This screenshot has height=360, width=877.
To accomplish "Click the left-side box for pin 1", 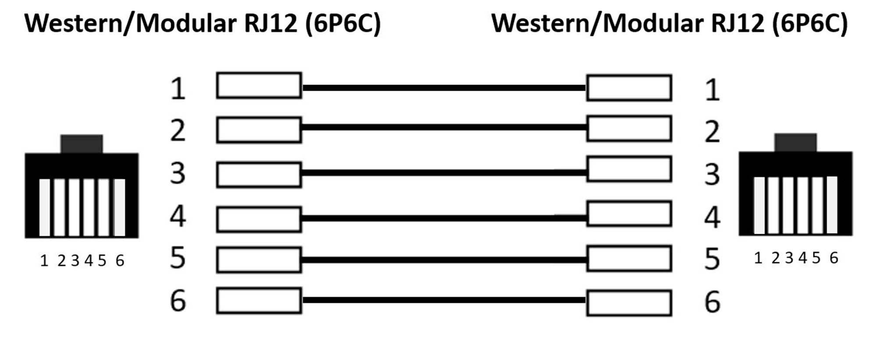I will click(259, 85).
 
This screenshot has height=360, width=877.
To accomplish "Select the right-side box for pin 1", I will click(629, 88).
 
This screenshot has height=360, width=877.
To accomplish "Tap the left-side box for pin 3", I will click(259, 175).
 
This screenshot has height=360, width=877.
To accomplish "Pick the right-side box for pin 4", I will click(629, 214).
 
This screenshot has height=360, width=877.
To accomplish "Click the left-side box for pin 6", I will click(259, 300).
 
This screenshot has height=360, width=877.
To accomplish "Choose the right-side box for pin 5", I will click(629, 259).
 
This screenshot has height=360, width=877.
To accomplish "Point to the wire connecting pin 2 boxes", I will click(444, 128).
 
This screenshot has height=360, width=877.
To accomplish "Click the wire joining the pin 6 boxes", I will click(444, 300).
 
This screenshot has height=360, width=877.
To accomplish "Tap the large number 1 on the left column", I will click(178, 89).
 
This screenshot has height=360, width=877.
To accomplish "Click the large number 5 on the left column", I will click(178, 258).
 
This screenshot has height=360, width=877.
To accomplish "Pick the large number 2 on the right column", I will click(712, 132).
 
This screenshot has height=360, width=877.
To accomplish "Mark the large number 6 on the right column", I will click(712, 302).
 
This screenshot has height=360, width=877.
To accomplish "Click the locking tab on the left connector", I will click(82, 144).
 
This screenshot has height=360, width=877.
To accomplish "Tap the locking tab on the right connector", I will click(795, 143).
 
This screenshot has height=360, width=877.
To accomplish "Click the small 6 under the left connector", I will click(120, 261).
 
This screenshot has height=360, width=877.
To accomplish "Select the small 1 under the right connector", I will click(758, 258).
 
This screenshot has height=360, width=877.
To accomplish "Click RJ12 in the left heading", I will click(271, 23).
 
